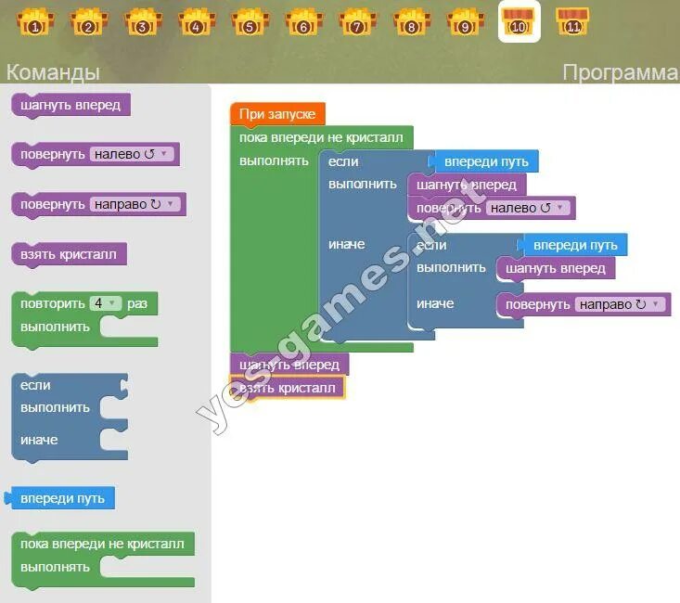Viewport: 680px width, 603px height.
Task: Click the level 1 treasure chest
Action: [x=35, y=20]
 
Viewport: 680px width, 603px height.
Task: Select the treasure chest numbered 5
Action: [x=250, y=20]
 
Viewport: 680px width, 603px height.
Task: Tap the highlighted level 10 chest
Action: [x=519, y=20]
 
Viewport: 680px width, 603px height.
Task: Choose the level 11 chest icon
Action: [x=572, y=20]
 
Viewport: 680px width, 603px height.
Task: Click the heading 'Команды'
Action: [x=52, y=72]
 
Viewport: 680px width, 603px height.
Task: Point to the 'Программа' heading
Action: [x=620, y=72]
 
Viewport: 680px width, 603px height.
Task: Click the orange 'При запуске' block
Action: [x=277, y=114]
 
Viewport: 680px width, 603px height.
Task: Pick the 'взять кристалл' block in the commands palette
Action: [x=69, y=254]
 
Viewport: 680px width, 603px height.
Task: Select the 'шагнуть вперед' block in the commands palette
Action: [x=71, y=105]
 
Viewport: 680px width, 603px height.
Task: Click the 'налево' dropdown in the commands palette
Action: [x=132, y=154]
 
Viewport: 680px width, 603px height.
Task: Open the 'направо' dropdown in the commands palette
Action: [x=135, y=204]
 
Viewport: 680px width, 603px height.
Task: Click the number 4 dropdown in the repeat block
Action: [x=106, y=303]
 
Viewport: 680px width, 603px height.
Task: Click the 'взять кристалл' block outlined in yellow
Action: [x=288, y=388]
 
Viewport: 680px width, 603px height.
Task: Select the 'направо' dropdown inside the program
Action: [x=621, y=304]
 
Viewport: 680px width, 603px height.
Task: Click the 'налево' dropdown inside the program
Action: [x=527, y=208]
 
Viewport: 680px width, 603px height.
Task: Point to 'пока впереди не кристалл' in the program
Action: [x=321, y=137]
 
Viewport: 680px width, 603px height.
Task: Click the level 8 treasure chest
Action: [x=411, y=20]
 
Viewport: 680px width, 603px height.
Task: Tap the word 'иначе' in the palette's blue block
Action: [x=39, y=440]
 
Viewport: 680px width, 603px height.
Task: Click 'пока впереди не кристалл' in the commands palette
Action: [x=102, y=544]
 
